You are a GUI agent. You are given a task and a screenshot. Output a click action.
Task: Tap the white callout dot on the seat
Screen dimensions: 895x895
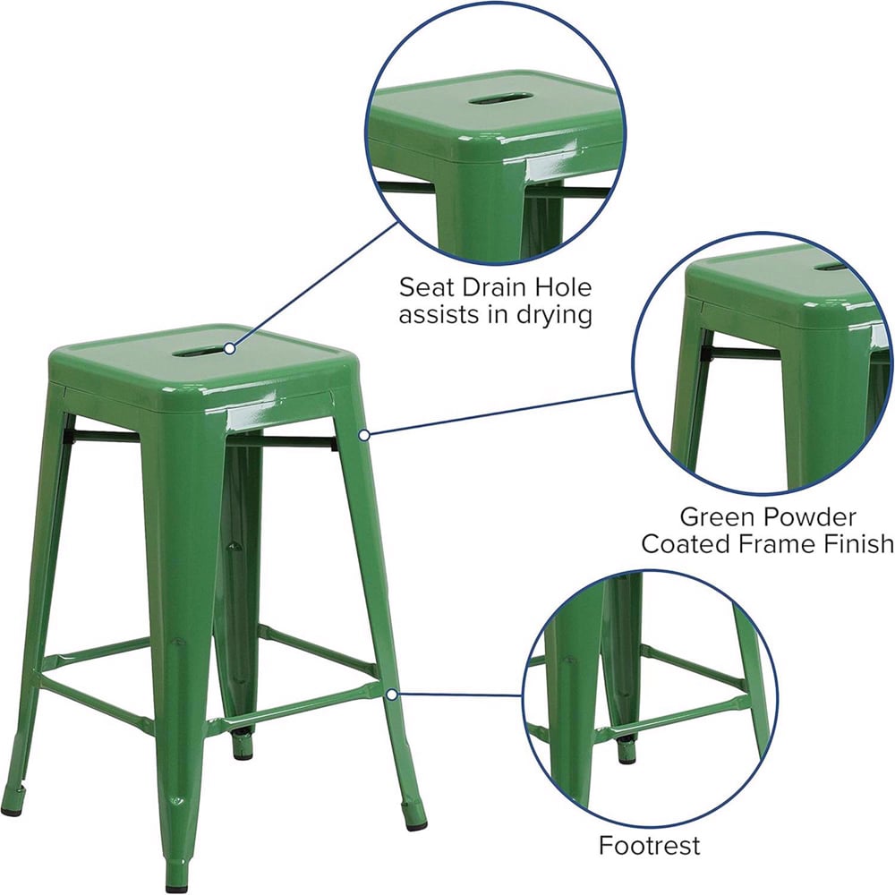[230, 348]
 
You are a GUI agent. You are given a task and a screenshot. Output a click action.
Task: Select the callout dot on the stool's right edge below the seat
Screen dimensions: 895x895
[364, 435]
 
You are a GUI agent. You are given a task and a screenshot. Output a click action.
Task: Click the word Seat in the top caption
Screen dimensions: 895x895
[426, 288]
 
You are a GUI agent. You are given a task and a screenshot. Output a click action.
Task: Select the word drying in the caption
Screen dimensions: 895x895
[549, 316]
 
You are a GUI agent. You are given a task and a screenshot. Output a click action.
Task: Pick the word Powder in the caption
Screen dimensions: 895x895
[809, 516]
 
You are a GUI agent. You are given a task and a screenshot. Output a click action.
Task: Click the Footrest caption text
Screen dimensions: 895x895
[650, 846]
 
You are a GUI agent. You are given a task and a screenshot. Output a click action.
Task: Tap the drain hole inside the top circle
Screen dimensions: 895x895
[502, 98]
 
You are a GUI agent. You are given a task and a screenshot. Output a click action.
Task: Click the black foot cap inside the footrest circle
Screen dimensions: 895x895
[626, 754]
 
